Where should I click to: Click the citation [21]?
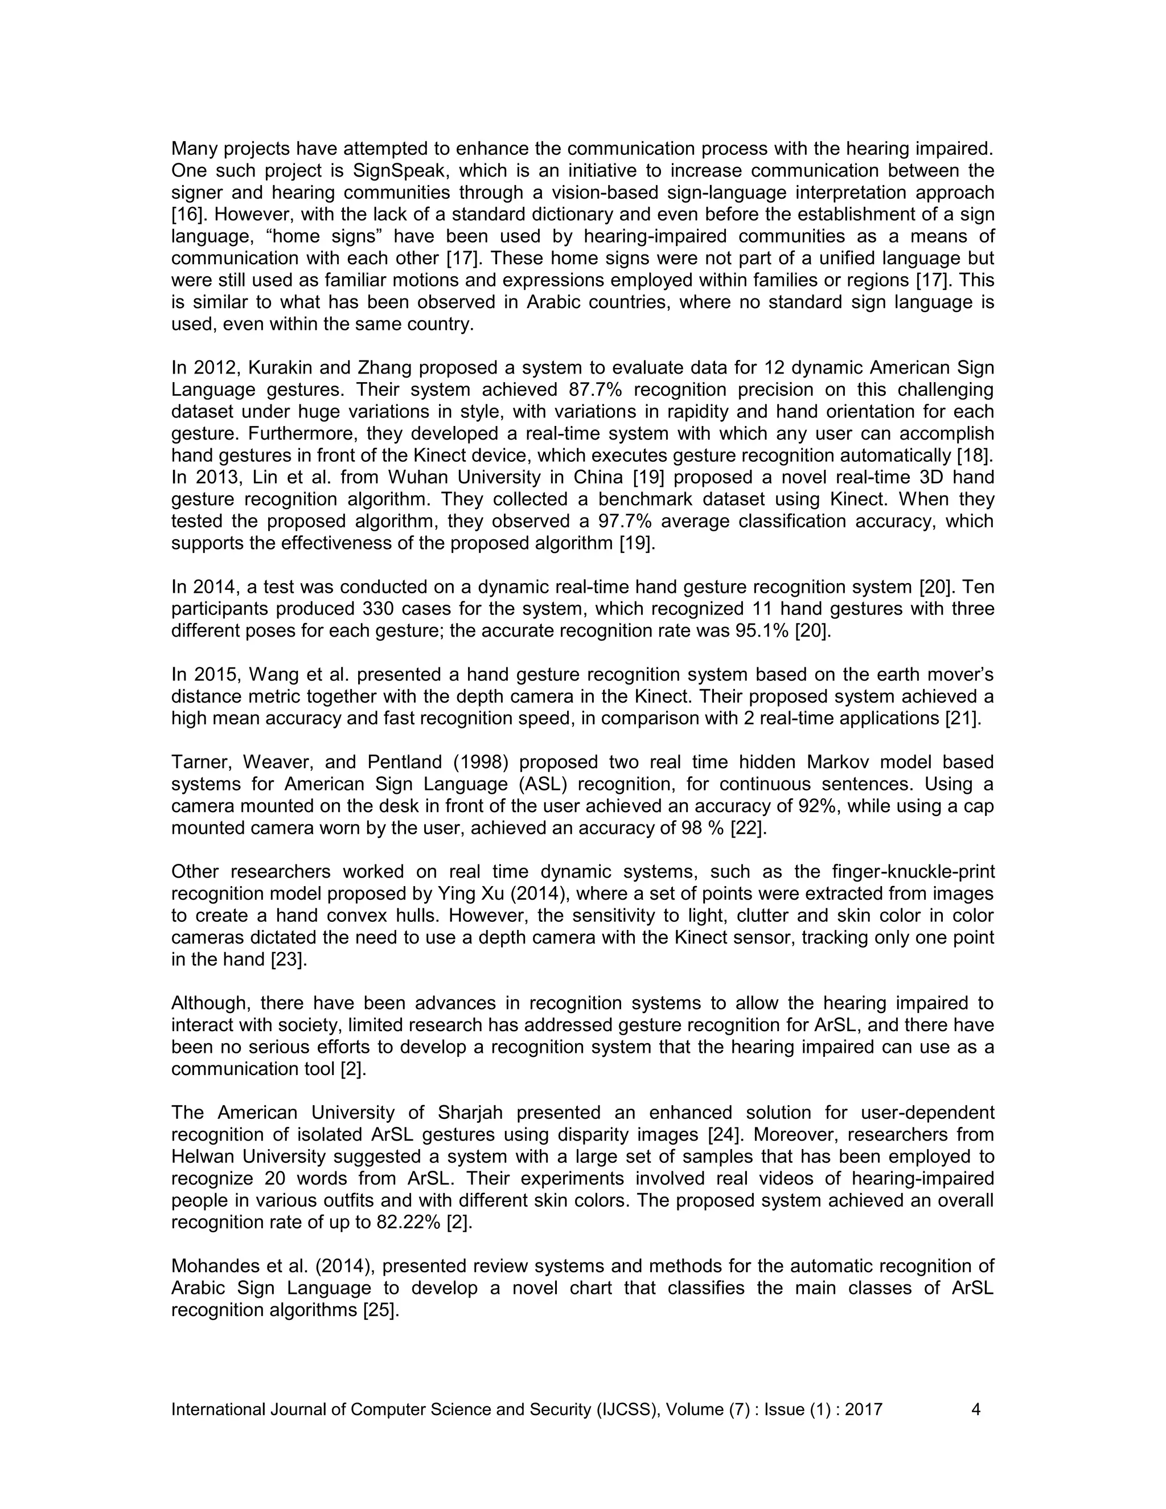[963, 719]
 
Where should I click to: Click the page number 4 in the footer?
[975, 1410]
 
